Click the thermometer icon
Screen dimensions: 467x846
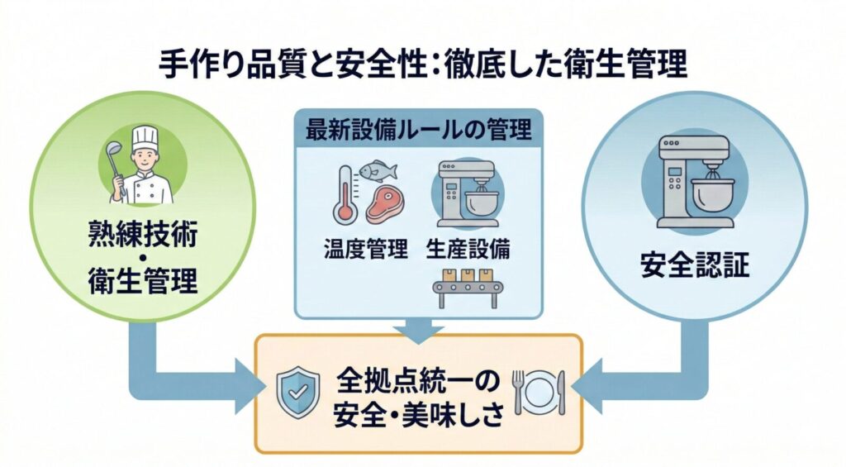345,193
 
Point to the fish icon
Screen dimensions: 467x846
379,170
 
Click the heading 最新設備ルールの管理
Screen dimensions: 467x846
418,130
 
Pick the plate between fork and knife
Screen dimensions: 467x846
540,392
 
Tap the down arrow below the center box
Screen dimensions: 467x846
418,329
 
